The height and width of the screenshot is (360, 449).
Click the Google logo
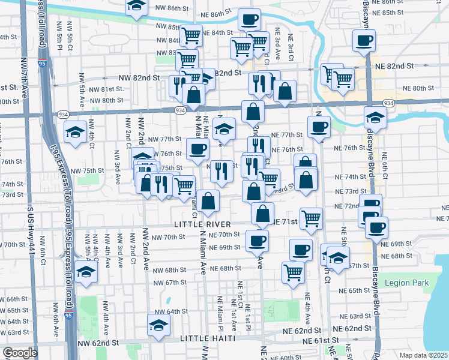click(x=20, y=353)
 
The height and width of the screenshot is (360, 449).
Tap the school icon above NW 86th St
click(x=137, y=7)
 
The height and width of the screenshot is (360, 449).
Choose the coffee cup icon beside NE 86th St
click(x=249, y=19)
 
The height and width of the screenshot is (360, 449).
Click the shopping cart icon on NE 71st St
click(x=311, y=218)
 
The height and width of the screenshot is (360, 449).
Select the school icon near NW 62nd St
click(x=159, y=326)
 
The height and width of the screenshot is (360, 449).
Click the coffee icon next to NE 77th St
click(x=319, y=126)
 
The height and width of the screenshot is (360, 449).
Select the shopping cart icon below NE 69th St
click(x=293, y=272)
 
